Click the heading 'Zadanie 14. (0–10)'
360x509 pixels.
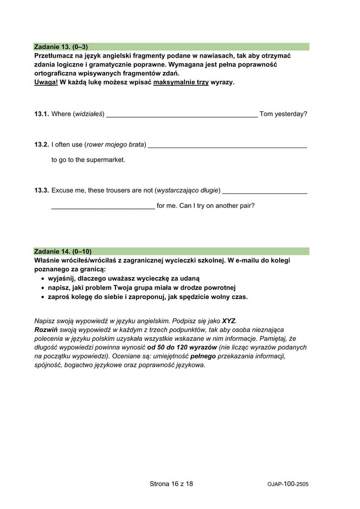coord(63,251)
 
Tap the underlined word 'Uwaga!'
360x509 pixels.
coord(46,82)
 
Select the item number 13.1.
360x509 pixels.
coord(41,114)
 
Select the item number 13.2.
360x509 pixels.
coord(41,144)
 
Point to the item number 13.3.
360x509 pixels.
coord(41,190)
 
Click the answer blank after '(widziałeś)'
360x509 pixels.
coord(182,115)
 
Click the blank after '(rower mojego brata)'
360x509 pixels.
coord(227,145)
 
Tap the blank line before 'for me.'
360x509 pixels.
coord(103,207)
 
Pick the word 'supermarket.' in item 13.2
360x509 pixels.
coord(106,160)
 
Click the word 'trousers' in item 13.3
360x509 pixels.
coord(111,190)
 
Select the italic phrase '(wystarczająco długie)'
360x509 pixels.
coord(188,190)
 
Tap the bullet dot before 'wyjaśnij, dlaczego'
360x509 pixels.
coord(43,278)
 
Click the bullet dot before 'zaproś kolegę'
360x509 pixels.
coord(43,297)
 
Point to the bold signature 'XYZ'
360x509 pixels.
coord(229,321)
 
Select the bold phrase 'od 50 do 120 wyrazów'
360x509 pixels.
coord(182,347)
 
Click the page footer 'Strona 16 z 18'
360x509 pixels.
coord(171,483)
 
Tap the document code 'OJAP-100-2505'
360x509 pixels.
coord(288,484)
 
